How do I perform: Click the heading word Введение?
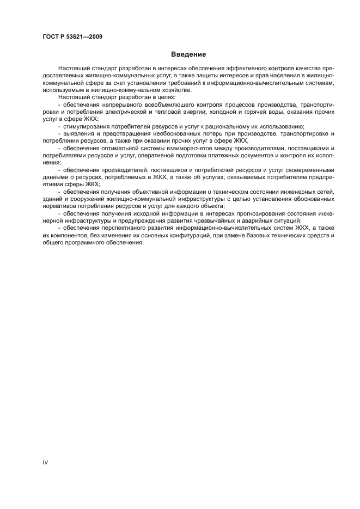click(188, 54)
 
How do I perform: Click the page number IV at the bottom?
click(46, 462)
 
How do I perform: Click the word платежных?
click(227, 155)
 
